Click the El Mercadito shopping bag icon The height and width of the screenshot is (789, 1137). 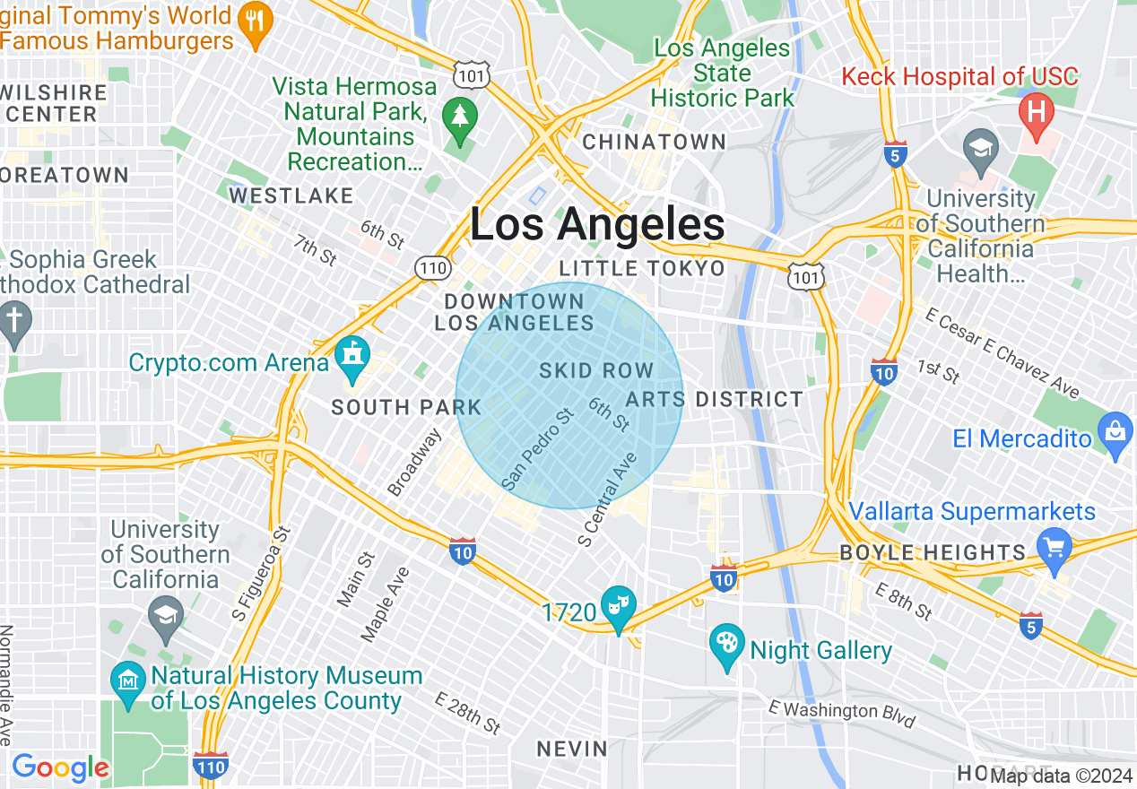pos(1115,435)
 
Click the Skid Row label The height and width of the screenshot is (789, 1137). pos(596,371)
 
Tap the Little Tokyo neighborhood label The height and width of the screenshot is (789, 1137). pos(642,269)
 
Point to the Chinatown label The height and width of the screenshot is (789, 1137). pos(655,142)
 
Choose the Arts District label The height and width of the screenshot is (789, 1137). pos(715,399)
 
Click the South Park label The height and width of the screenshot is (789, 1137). pos(406,408)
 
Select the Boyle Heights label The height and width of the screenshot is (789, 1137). pos(933,552)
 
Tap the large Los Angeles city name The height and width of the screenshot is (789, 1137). pos(597,225)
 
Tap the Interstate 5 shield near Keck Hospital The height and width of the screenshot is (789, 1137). pos(895,155)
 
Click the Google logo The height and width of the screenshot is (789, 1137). pos(60,767)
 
